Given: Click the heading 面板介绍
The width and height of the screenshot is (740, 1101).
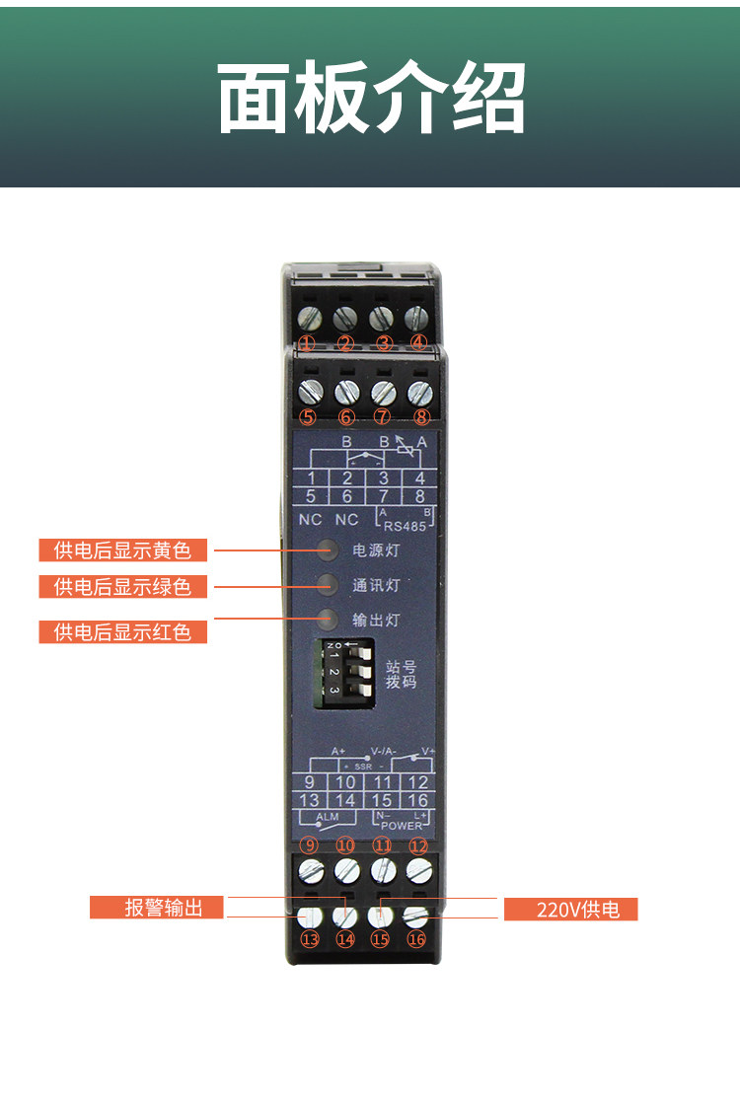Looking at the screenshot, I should coord(370,99).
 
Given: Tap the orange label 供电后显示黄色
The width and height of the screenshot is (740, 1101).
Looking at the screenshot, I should coord(123,550).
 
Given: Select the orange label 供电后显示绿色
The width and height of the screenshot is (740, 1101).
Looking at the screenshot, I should coord(123,587).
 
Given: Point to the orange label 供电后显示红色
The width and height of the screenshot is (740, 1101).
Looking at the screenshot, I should coord(123,631).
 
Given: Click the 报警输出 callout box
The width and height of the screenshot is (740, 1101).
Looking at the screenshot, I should coord(158,908).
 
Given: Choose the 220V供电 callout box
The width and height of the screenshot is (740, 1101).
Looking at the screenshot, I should coord(571,909).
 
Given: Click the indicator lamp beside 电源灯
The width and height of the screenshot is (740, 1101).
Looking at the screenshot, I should coord(329,550).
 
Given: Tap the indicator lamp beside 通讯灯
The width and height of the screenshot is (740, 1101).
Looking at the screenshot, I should coord(329,584).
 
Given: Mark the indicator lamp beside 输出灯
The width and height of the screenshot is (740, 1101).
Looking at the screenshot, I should coord(329,620).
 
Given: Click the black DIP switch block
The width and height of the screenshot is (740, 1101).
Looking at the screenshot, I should coord(344,673).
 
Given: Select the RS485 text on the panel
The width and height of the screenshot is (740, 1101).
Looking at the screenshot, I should coord(405,526).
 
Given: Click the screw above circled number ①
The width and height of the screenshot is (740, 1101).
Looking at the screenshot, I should coord(308,318).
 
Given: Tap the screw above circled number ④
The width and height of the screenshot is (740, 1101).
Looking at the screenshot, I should coord(418,318).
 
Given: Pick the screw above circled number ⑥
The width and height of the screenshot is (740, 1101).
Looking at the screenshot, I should coord(346,391).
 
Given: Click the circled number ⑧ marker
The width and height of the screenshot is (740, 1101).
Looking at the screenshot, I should coord(421,416).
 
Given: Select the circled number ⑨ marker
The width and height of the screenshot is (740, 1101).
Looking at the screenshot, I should coord(308,845).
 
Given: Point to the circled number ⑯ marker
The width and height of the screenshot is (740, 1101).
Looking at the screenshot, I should coord(416,939).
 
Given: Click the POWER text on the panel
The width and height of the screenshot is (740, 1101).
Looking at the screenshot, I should coord(401,824).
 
